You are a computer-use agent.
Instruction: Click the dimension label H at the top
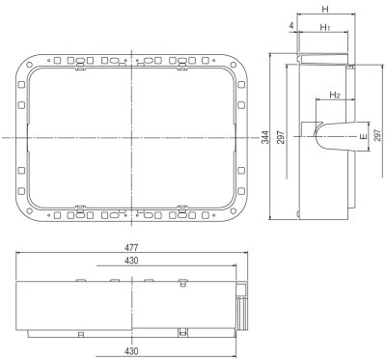pyautogui.click(x=325, y=8)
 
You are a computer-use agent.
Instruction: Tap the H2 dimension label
pyautogui.click(x=335, y=95)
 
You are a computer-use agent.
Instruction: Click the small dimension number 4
pyautogui.click(x=291, y=26)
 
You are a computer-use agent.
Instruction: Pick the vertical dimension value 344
pyautogui.click(x=264, y=138)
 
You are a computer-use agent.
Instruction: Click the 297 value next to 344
pyautogui.click(x=280, y=138)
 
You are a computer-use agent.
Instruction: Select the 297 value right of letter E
pyautogui.click(x=377, y=138)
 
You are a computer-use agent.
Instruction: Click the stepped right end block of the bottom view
pyautogui.click(x=241, y=306)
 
